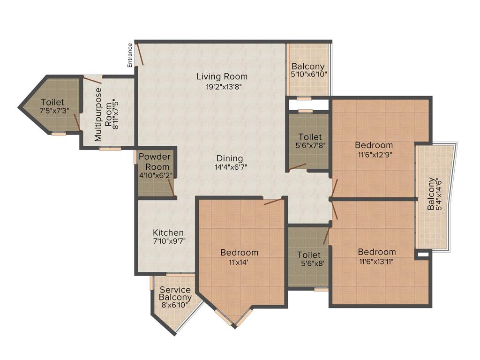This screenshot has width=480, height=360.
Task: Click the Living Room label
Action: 222,76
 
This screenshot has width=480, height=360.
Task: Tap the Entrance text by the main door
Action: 130,55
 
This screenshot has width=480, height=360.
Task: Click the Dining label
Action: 230,158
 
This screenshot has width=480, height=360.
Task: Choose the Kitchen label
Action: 168,232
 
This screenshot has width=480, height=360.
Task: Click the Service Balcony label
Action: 175,293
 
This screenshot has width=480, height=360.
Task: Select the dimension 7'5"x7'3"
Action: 52,112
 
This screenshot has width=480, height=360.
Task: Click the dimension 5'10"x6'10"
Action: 308,74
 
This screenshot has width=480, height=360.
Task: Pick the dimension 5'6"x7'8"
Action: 310,146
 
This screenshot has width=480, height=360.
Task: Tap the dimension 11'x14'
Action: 239,262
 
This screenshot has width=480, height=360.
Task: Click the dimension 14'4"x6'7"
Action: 230,167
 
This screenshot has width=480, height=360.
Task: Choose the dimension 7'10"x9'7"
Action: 168,242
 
